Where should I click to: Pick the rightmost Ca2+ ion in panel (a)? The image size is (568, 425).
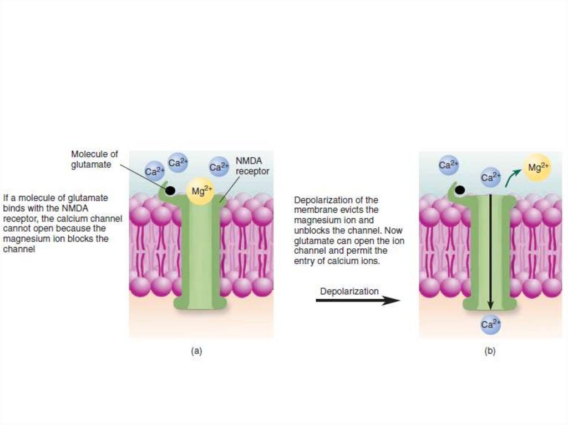point(220,166)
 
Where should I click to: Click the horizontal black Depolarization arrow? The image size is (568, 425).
point(358,300)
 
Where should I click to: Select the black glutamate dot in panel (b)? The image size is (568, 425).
point(460,191)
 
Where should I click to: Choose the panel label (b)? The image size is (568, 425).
point(490,351)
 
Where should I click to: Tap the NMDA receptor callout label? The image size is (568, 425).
point(252,166)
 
